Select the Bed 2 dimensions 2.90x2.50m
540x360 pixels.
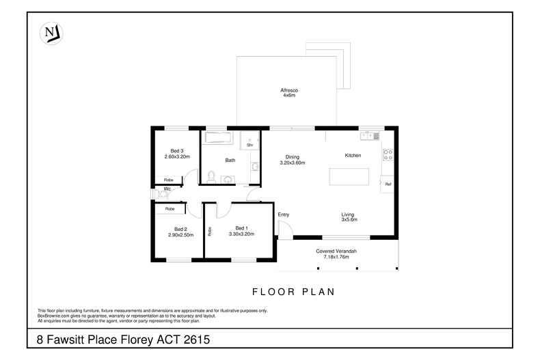pos(180,234)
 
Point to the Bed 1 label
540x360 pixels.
pos(241,227)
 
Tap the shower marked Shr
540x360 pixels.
pos(250,141)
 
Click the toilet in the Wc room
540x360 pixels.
pos(162,193)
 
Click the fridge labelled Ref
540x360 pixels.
pos(388,184)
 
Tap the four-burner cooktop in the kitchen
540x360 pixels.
pos(388,154)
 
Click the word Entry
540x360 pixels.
pos(284,214)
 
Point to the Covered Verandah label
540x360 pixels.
pos(336,251)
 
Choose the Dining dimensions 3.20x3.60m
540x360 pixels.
pos(292,163)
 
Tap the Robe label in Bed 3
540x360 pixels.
pos(168,180)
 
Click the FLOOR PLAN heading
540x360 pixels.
pos(294,292)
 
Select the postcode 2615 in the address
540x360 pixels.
pos(194,339)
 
